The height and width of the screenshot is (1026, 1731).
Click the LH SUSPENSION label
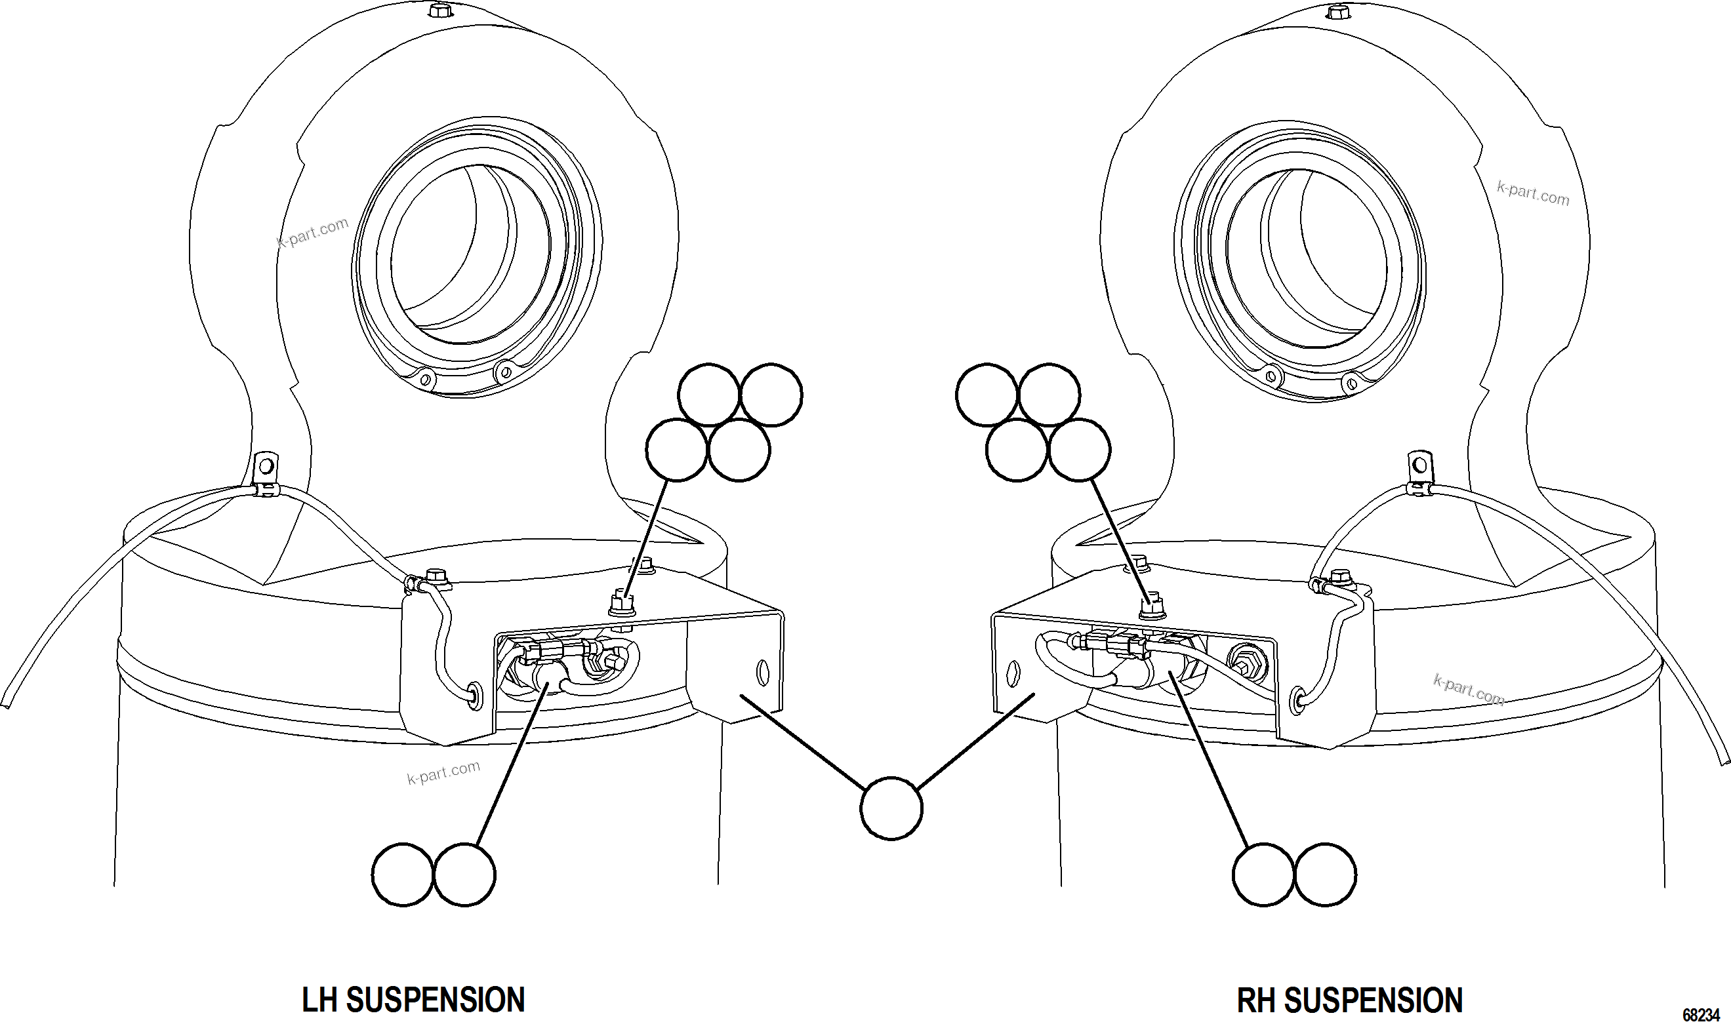coord(413,1000)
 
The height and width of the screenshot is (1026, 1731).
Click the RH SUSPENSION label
coord(1349,1000)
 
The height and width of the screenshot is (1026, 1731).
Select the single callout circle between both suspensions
coord(891,809)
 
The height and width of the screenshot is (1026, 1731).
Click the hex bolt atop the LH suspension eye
coord(438,10)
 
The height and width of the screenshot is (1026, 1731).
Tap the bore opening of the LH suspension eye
coord(470,256)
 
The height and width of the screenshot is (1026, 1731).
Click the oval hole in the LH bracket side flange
coord(763,671)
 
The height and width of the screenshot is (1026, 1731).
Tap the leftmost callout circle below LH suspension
coord(403,875)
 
